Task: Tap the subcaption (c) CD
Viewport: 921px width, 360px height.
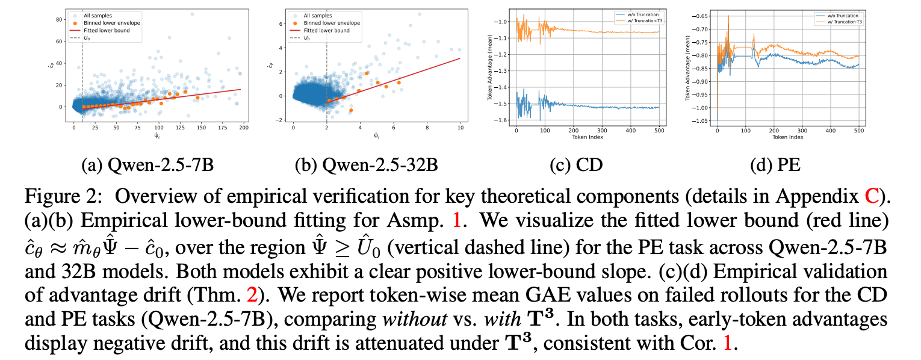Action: (x=575, y=164)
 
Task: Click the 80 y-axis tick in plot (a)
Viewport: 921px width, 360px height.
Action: (x=60, y=19)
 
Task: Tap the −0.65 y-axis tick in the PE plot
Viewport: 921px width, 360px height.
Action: (x=705, y=16)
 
